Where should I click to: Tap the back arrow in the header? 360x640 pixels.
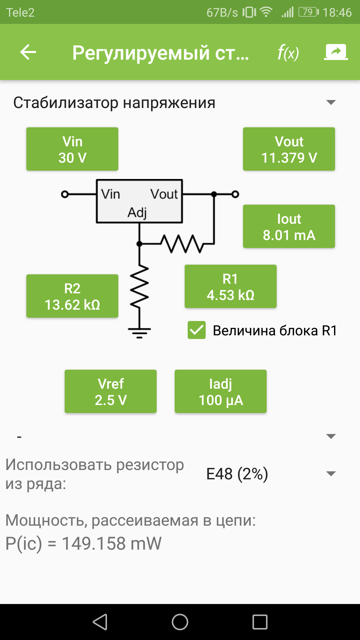coord(28,52)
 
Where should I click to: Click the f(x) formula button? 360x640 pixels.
coord(288,53)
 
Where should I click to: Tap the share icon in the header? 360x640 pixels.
coord(336,52)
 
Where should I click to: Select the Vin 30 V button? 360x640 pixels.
coord(72,149)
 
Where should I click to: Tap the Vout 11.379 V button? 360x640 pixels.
coord(289,149)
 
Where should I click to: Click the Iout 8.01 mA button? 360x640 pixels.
coord(289,227)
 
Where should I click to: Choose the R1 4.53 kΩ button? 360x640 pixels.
coord(231,287)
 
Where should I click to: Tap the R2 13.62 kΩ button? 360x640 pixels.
coord(72,296)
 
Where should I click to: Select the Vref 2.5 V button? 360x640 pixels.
coord(111,392)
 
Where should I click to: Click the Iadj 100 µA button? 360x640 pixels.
coord(221,392)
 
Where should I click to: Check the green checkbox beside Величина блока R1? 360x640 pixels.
coord(197,330)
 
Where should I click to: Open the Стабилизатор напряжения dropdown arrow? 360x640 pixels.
coord(331,102)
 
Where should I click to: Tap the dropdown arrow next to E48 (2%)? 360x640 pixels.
coord(331,474)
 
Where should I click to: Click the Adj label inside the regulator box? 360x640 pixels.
coord(137,212)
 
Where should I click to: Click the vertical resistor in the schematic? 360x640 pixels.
coord(140,287)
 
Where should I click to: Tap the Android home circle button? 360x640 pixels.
coord(180,622)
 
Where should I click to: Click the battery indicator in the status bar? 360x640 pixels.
coord(308,12)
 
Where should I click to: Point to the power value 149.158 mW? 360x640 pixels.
coord(112,544)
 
